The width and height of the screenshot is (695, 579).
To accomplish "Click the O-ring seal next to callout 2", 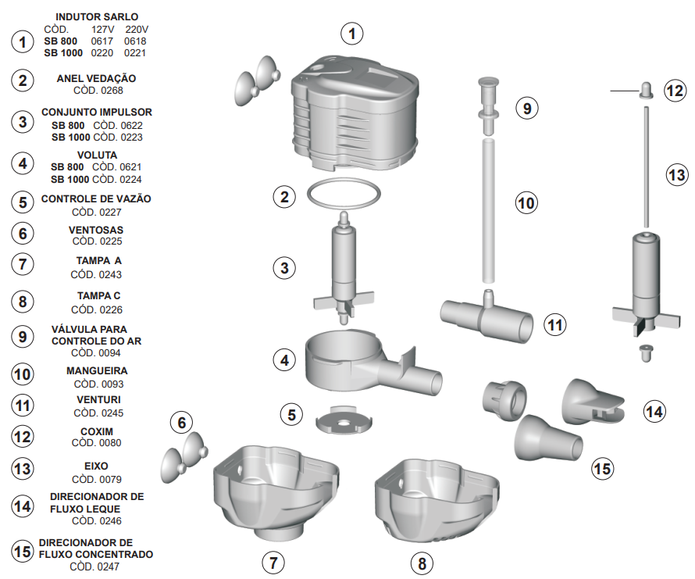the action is pyautogui.click(x=344, y=180).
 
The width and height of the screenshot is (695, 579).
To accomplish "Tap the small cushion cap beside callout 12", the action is pyautogui.click(x=647, y=90).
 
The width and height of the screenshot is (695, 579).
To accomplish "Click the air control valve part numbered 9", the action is pyautogui.click(x=488, y=105).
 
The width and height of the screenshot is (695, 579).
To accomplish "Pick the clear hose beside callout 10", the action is pyautogui.click(x=488, y=211).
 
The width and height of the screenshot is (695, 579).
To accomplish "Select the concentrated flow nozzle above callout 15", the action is pyautogui.click(x=548, y=438).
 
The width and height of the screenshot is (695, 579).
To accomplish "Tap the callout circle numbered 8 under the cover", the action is pyautogui.click(x=422, y=563).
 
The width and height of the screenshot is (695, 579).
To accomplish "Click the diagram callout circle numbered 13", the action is pyautogui.click(x=677, y=174).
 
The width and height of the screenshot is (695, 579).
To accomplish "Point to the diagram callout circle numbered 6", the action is pyautogui.click(x=182, y=423).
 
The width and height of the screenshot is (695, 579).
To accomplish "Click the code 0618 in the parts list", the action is pyautogui.click(x=135, y=41).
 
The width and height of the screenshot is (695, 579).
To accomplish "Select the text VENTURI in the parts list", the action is pyautogui.click(x=98, y=399).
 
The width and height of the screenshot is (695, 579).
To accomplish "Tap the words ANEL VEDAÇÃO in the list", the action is pyautogui.click(x=96, y=78).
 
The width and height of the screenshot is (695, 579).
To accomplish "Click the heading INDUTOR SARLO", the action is pyautogui.click(x=97, y=17).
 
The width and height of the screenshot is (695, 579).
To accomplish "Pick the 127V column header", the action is pyautogui.click(x=102, y=29).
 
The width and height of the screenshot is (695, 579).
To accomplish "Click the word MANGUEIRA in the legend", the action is pyautogui.click(x=97, y=370).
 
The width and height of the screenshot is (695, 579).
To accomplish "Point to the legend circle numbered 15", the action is pyautogui.click(x=23, y=552).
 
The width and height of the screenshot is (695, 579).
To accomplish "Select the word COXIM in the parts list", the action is pyautogui.click(x=97, y=431).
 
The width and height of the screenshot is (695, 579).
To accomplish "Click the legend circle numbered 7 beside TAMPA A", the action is pyautogui.click(x=23, y=264).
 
